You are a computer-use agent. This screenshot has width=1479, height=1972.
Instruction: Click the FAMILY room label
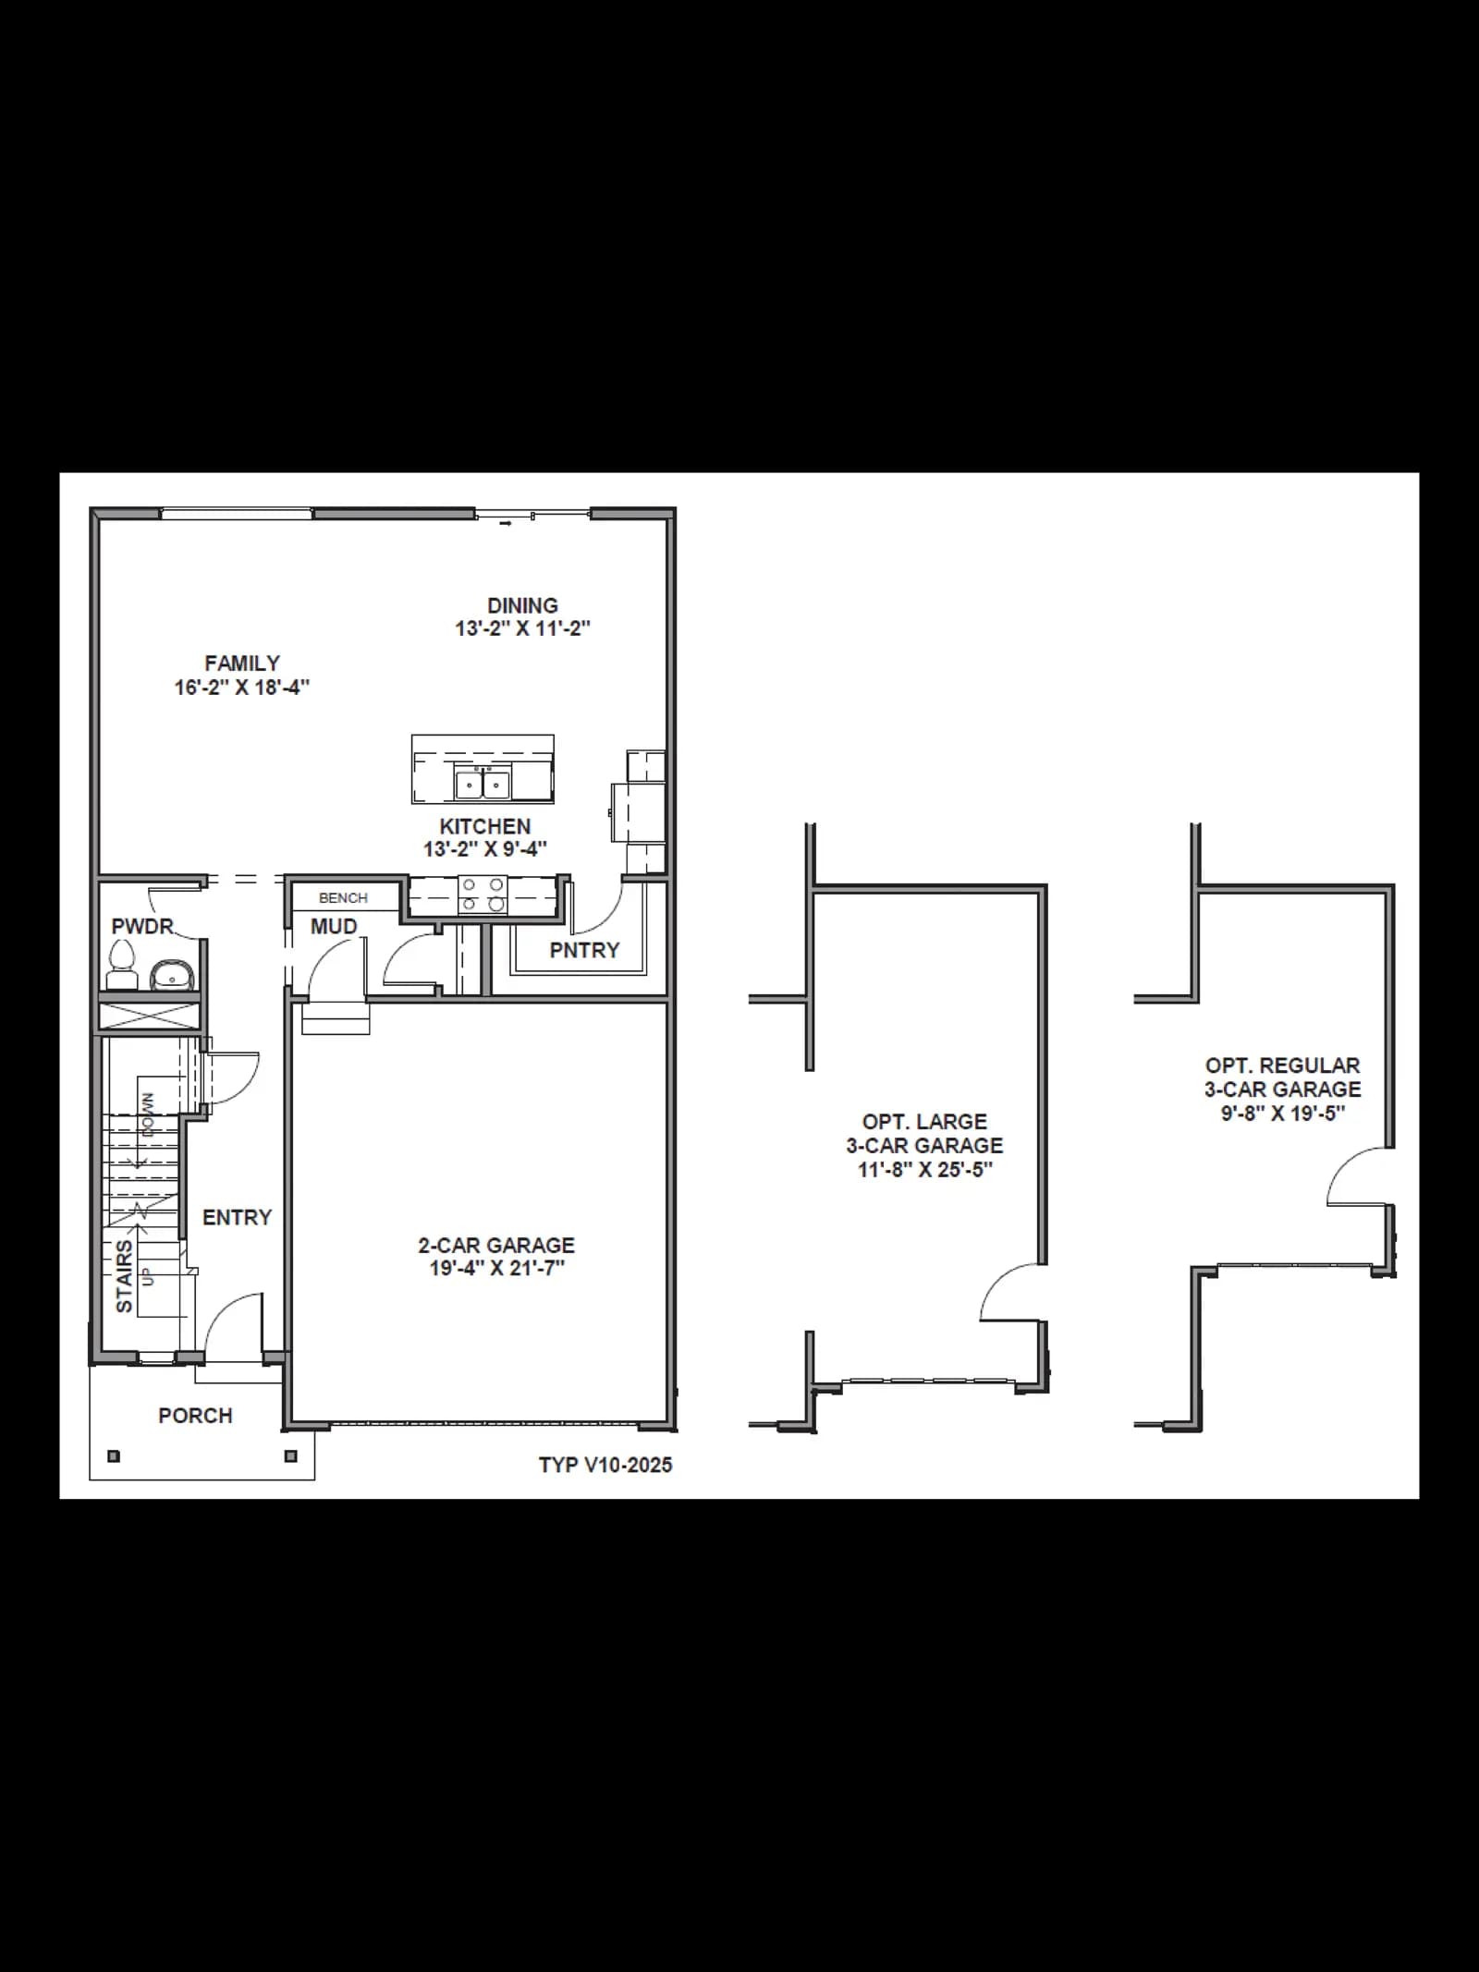pyautogui.click(x=242, y=663)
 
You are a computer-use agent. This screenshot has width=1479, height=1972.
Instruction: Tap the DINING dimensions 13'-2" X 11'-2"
pyautogui.click(x=522, y=629)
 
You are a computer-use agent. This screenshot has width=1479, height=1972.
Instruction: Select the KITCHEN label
pyautogui.click(x=485, y=826)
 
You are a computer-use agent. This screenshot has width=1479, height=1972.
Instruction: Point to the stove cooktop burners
pyautogui.click(x=483, y=895)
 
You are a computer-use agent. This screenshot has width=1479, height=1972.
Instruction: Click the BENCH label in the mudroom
pyautogui.click(x=343, y=898)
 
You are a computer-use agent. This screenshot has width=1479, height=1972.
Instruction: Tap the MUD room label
pyautogui.click(x=334, y=927)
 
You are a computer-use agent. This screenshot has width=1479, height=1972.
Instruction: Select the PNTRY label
pyautogui.click(x=584, y=950)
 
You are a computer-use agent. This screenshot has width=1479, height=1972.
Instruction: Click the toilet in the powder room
pyautogui.click(x=122, y=965)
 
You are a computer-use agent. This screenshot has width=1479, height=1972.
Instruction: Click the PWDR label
pyautogui.click(x=142, y=927)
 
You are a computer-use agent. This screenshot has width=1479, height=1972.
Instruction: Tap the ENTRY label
pyautogui.click(x=238, y=1218)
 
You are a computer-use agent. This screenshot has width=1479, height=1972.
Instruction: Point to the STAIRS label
pyautogui.click(x=124, y=1276)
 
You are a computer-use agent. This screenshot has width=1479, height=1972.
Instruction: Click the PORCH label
pyautogui.click(x=195, y=1416)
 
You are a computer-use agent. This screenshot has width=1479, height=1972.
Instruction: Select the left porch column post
pyautogui.click(x=114, y=1456)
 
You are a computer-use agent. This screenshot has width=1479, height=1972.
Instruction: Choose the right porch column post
pyautogui.click(x=291, y=1456)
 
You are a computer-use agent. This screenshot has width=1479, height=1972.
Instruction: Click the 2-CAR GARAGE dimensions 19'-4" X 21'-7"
pyautogui.click(x=496, y=1269)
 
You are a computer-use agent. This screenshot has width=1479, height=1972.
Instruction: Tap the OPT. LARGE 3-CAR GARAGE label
pyautogui.click(x=924, y=1134)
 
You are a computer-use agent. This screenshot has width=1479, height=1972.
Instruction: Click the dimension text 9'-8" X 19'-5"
pyautogui.click(x=1283, y=1114)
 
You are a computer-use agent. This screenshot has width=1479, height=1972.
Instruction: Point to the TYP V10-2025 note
pyautogui.click(x=605, y=1465)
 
